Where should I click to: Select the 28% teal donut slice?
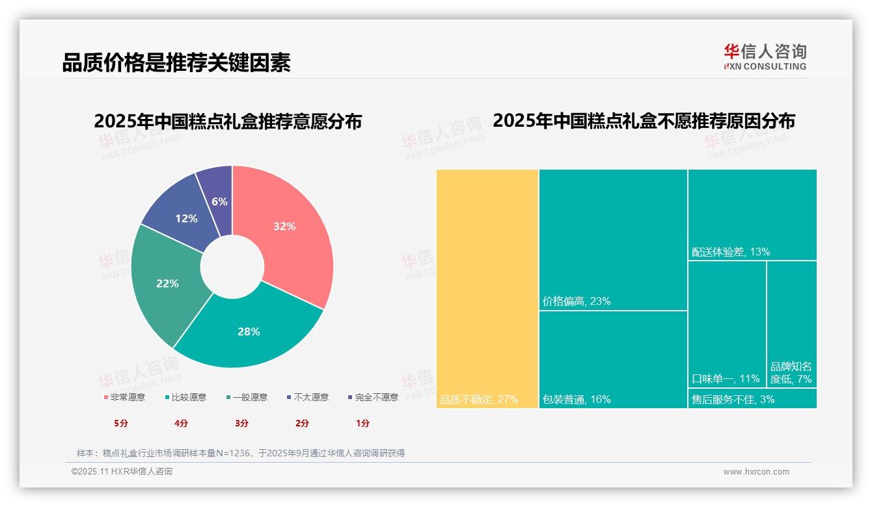(x=247, y=331)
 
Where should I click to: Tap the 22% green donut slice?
(x=166, y=283)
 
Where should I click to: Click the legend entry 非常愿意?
(x=124, y=397)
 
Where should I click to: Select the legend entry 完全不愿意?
(x=373, y=397)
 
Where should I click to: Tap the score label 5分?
(x=121, y=423)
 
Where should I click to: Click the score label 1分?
(x=362, y=423)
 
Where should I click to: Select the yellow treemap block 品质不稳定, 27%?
(x=487, y=289)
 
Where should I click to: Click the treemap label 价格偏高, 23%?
(x=577, y=302)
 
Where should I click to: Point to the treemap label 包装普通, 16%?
(x=577, y=400)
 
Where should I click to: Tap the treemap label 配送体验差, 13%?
(x=731, y=252)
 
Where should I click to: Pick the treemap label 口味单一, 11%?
(x=726, y=379)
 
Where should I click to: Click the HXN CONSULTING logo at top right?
(x=765, y=57)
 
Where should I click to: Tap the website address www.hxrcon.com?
(x=756, y=472)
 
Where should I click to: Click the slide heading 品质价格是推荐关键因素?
(x=176, y=62)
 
